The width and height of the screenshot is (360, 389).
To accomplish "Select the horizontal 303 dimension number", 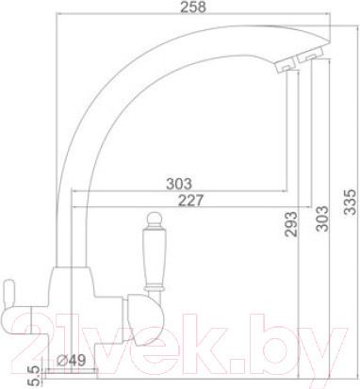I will tap(177, 183).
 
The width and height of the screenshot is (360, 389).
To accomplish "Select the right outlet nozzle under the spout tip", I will tap(308, 60).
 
